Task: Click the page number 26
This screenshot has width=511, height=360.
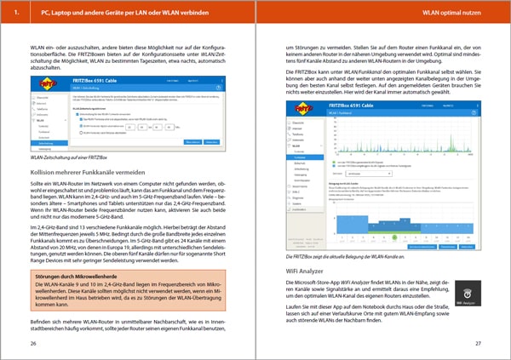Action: pos(33,343)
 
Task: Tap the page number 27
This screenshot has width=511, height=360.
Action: pos(478,343)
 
